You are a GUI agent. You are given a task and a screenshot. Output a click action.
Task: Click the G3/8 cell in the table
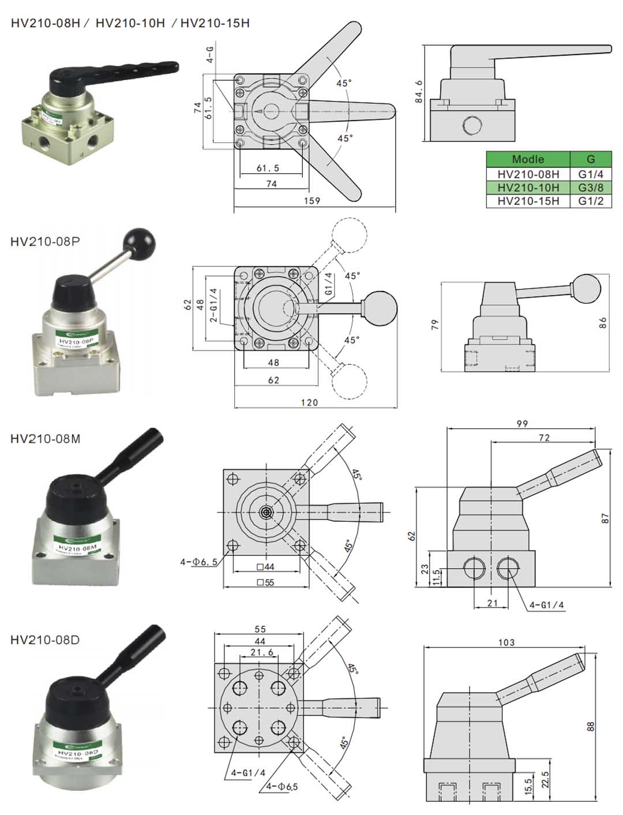point(590,187)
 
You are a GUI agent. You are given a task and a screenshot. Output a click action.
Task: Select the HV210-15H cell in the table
point(528,201)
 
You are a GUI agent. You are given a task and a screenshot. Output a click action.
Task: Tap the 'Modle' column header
point(528,159)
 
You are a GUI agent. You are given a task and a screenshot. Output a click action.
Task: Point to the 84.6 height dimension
point(419,92)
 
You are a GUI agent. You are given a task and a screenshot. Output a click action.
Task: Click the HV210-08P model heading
point(45,241)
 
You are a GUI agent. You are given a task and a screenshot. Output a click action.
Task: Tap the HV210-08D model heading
point(45,640)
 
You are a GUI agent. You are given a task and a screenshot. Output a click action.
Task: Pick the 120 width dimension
point(309,402)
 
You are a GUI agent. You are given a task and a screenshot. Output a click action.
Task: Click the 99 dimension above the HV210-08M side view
point(522,424)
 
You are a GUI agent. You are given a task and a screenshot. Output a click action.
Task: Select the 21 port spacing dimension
point(492,603)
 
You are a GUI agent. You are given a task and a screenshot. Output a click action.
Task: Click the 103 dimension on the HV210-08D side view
point(506,642)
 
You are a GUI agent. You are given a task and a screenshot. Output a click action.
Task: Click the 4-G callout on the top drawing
point(211,54)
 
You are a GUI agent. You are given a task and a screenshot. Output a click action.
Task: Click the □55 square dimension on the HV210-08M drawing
point(265,582)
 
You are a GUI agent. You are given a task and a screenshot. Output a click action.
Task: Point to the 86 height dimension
point(603,323)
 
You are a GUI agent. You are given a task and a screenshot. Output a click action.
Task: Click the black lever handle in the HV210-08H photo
point(127,69)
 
